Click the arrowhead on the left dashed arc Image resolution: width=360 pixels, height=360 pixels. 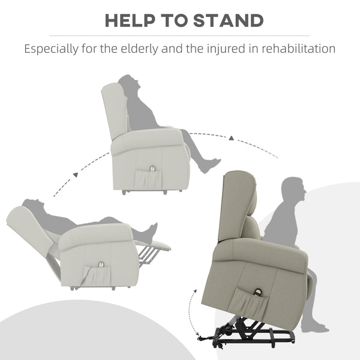(76, 175)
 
